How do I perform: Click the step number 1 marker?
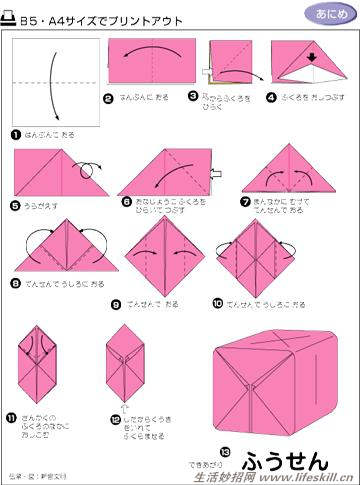pos(16,134)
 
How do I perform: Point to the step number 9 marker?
pos(115,303)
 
